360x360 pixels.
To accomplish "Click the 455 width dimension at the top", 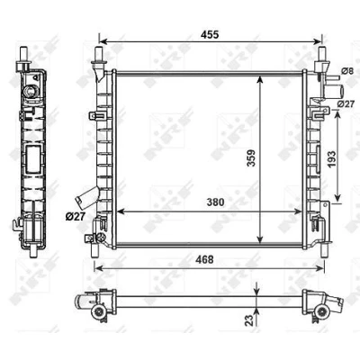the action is (x=210, y=34).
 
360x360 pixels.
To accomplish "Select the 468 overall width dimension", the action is (x=204, y=259).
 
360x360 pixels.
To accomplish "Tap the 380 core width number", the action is (x=215, y=202).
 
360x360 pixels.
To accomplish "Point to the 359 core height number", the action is (x=251, y=157).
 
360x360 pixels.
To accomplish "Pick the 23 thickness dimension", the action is (x=249, y=319).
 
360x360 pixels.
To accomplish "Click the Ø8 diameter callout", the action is (x=346, y=71).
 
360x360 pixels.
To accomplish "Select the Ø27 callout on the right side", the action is (x=346, y=103).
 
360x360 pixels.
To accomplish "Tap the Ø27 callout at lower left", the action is (x=76, y=216).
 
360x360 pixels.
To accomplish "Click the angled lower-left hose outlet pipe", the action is (x=87, y=197).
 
